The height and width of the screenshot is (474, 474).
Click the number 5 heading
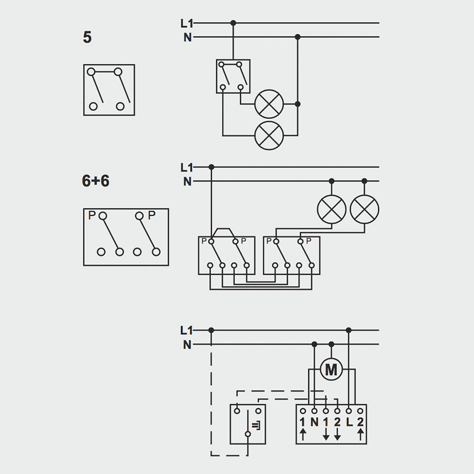click(87, 38)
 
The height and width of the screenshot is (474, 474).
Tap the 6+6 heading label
click(96, 181)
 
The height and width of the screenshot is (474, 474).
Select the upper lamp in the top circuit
click(269, 104)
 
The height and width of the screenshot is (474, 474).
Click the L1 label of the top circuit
click(187, 23)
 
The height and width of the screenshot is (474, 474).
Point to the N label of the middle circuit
click(187, 182)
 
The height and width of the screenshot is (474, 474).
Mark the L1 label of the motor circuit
click(187, 331)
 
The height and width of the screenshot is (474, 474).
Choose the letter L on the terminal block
click(349, 422)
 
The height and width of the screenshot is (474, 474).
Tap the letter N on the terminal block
click(314, 422)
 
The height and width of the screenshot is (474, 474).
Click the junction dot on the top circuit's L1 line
click(233, 23)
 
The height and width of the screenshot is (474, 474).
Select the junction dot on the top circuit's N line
click(298, 37)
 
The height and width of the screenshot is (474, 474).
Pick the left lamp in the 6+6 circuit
click(332, 209)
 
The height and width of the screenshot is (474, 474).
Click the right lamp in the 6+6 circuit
click(364, 209)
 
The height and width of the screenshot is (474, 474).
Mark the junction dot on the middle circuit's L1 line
click(211, 167)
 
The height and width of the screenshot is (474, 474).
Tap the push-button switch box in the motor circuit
click(248, 424)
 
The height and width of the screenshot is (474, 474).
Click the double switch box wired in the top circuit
click(233, 76)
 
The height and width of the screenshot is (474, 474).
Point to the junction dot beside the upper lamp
click(298, 104)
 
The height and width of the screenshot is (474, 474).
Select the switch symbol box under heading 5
click(109, 90)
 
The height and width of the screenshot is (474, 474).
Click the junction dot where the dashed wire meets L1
click(211, 331)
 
